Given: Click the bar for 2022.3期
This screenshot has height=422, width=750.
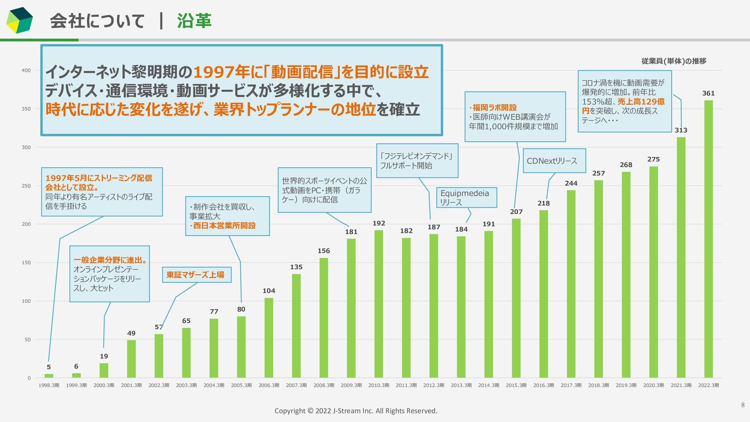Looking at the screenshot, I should coord(708,239).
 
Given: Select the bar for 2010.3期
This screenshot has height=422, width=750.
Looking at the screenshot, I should coord(379,304).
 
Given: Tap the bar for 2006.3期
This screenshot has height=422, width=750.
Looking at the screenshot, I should coord(269,338).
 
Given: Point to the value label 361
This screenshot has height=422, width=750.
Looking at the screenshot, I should coord(708,93).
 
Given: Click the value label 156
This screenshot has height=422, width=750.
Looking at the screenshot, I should coord(323,251).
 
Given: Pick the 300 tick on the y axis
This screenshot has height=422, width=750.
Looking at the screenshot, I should coord(26,147).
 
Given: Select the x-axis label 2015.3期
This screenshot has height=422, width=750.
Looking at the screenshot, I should coord(516,385).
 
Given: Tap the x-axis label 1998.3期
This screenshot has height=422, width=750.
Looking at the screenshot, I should coord(49,385).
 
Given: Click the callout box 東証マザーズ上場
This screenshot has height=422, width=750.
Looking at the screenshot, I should coord(196,275).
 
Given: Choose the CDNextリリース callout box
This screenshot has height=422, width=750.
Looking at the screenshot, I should coord(554,161).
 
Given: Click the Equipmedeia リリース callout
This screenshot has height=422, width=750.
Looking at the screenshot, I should coord(466,197).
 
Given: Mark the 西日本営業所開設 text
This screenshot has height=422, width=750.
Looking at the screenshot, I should coord(224,226).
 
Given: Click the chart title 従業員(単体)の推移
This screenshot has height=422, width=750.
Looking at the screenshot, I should coord(673,61).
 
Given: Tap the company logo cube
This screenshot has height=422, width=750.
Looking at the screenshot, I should coord(20,20).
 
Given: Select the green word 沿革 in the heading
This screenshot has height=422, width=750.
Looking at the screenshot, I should coord(194,21).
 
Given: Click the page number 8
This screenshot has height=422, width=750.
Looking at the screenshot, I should coord(743,405).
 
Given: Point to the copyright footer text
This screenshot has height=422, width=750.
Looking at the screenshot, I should coord(356,411).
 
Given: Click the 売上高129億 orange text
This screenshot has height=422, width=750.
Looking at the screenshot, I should coord(641,102).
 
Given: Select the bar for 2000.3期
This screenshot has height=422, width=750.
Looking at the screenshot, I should coord(104,370).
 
